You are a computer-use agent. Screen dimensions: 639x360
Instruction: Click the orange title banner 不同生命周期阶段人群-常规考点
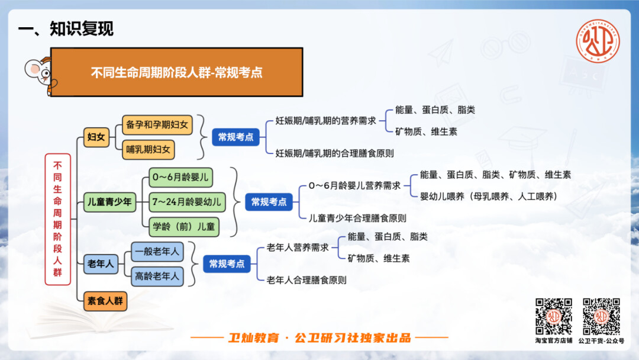coord(176,72)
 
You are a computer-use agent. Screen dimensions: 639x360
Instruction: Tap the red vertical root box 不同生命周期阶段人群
coord(57,219)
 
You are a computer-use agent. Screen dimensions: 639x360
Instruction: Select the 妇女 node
coord(96,137)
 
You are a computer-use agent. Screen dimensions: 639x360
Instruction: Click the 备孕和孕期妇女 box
coord(157,125)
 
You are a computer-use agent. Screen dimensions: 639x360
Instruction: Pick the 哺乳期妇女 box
coord(149,150)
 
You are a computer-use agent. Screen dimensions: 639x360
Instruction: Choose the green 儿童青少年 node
coord(109,202)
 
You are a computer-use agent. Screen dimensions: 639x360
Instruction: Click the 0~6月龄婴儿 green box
coord(180,178)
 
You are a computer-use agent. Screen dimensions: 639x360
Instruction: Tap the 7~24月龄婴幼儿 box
coord(187,202)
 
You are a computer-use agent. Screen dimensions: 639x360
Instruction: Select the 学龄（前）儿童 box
coord(184,227)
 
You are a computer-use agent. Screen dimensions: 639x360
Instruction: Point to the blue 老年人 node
coord(101,263)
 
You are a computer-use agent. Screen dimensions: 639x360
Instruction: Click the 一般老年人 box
coord(157,252)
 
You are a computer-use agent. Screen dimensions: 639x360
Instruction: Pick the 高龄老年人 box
coord(157,277)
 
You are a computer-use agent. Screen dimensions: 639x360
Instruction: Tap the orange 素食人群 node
coord(105,301)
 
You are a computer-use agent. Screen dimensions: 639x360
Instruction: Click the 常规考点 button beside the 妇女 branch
coord(235,137)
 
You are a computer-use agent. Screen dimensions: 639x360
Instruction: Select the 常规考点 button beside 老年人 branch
coord(227,263)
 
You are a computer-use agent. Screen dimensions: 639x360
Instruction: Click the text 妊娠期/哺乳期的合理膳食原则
coord(334,153)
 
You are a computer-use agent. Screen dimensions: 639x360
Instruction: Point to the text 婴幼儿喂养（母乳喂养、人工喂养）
coord(488,197)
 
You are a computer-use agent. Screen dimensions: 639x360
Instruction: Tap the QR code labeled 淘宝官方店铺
coord(553,316)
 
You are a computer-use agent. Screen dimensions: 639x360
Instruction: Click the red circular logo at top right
coord(598,41)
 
